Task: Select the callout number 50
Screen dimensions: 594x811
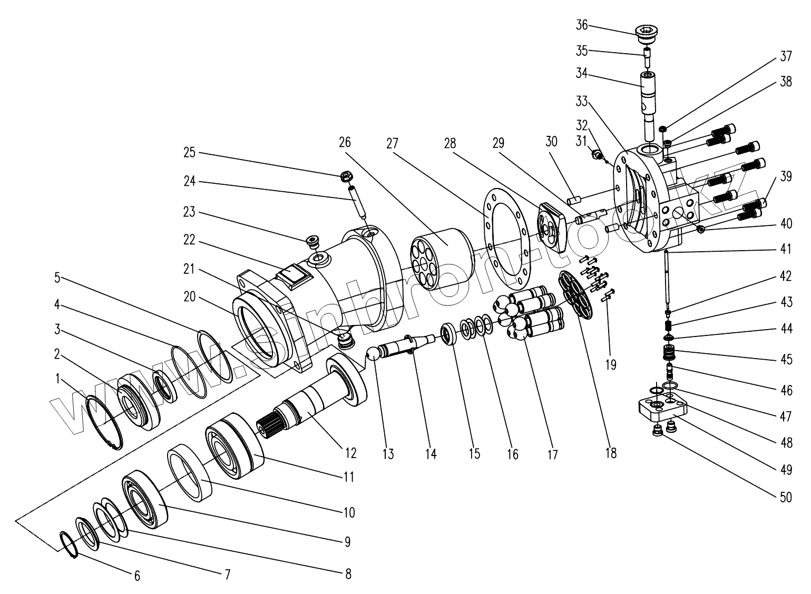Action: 785,497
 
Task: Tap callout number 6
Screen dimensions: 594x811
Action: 137,576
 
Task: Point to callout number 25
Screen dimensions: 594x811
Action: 189,153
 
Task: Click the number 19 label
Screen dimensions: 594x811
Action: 610,364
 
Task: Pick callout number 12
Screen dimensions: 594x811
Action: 350,452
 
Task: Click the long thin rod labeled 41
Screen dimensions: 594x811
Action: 667,279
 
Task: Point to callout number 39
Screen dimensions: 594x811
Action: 785,177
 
